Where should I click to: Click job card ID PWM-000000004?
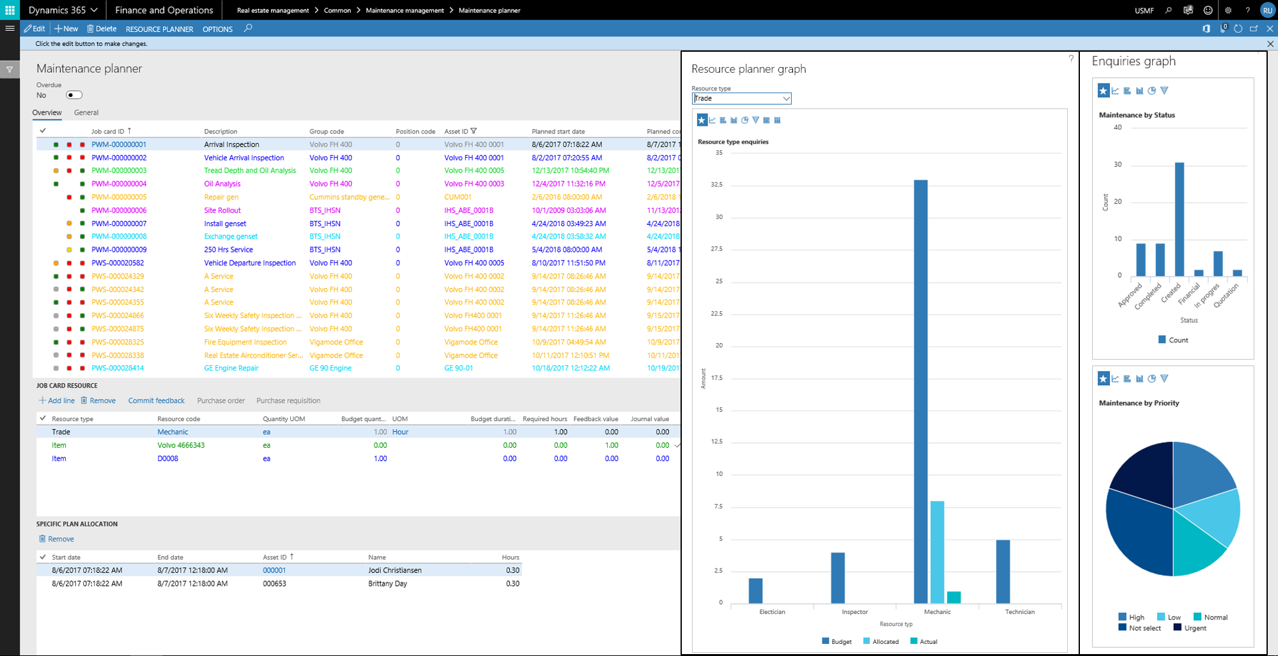pos(119,184)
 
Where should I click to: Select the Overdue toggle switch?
pos(74,95)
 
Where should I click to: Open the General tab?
pos(86,112)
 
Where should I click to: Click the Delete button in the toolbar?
pos(102,29)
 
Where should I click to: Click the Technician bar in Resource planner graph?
pos(1003,571)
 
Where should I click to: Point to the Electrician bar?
pos(755,590)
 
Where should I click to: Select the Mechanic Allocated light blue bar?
pos(937,552)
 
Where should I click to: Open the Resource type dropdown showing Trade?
pos(741,98)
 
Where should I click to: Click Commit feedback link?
pos(156,400)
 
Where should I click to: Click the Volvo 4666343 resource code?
pos(181,445)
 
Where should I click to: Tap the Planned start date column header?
pos(558,132)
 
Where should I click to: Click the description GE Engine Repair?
pos(231,369)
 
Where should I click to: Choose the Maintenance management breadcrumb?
pos(404,10)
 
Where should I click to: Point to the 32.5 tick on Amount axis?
pos(716,185)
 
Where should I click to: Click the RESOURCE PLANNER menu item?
pos(159,29)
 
